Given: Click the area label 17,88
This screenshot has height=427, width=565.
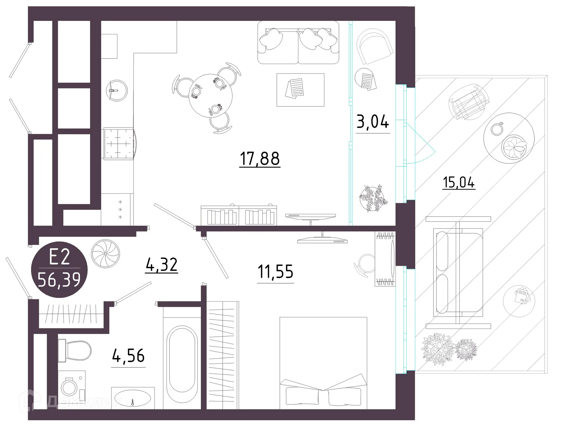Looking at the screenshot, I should (260, 159).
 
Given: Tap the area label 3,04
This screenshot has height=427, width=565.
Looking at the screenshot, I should (373, 122).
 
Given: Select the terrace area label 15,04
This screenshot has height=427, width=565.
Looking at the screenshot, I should (459, 182).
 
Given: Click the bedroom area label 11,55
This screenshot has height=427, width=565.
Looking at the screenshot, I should (275, 272).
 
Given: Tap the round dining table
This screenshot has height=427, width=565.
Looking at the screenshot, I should (210, 96).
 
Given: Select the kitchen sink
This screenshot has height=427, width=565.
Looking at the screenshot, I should (117, 90).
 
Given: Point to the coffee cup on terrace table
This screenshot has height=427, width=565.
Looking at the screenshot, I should (497, 129).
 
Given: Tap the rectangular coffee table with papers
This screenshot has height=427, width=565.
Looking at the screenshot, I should (300, 90).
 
